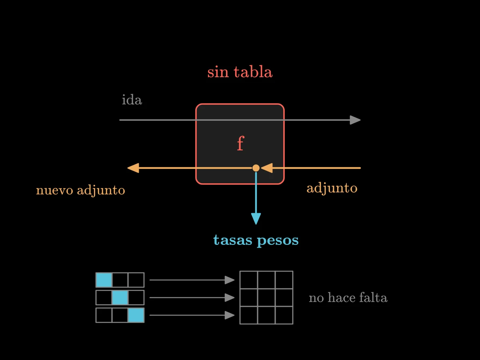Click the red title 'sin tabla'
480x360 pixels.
(240, 72)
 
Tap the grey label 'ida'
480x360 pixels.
(132, 100)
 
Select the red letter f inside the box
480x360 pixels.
(240, 143)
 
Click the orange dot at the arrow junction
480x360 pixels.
(256, 168)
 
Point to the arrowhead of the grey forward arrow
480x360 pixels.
(355, 120)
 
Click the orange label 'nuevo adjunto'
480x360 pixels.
(80, 190)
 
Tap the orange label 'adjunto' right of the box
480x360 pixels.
(332, 188)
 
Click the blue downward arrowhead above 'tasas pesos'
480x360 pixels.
(256, 218)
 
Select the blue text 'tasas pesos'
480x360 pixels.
(256, 240)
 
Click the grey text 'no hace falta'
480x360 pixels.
(348, 298)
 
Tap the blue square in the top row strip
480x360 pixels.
(104, 280)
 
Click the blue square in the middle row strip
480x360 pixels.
(120, 298)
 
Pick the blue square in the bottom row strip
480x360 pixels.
(136, 315)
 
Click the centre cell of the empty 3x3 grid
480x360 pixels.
(266, 298)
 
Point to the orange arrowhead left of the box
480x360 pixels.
(133, 168)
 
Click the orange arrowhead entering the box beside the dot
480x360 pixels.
(267, 168)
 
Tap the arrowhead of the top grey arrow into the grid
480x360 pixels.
(230, 280)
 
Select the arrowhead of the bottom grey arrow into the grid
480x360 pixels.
(230, 315)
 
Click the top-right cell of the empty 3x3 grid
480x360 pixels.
(284, 280)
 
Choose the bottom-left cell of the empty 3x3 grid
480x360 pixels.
(249, 315)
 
